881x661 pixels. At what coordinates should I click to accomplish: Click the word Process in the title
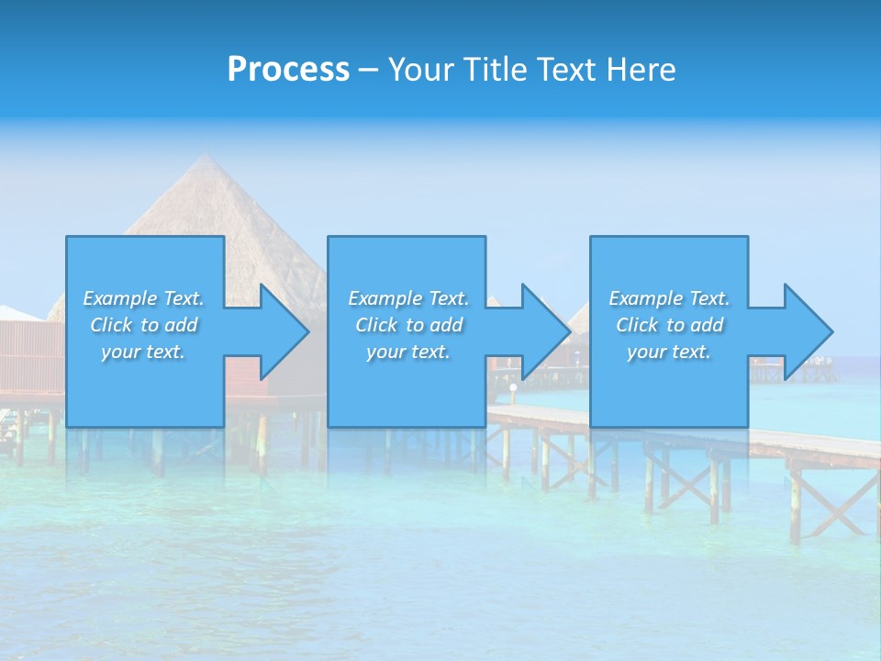pyautogui.click(x=288, y=70)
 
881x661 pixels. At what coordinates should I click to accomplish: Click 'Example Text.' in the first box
pyautogui.click(x=143, y=298)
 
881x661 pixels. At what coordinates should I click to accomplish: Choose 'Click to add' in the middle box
pyautogui.click(x=408, y=325)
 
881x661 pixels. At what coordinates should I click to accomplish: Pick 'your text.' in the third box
pyautogui.click(x=669, y=352)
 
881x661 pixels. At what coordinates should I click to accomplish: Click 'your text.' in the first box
pyautogui.click(x=143, y=352)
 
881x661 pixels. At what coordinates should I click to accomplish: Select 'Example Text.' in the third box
pyautogui.click(x=669, y=298)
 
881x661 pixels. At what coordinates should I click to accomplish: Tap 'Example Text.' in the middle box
pyautogui.click(x=408, y=298)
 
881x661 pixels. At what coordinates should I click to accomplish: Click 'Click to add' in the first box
pyautogui.click(x=143, y=325)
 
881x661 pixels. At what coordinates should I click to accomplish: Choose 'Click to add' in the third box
pyautogui.click(x=669, y=325)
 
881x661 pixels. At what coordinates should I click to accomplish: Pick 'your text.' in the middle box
pyautogui.click(x=408, y=352)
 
